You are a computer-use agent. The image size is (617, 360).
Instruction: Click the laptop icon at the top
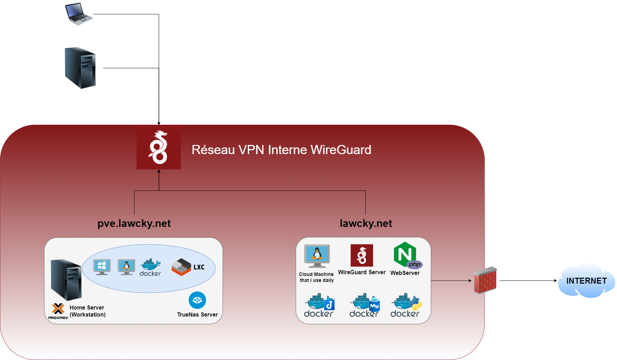pyautogui.click(x=79, y=14)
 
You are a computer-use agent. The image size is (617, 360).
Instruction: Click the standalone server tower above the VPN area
pyautogui.click(x=80, y=68)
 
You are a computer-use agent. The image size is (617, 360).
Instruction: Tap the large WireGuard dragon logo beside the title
pyautogui.click(x=159, y=148)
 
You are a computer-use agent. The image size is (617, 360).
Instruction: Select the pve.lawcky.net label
pyautogui.click(x=134, y=223)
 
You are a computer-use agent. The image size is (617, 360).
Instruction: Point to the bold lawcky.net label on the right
pyautogui.click(x=366, y=223)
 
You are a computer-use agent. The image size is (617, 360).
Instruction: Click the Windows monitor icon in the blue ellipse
pyautogui.click(x=102, y=267)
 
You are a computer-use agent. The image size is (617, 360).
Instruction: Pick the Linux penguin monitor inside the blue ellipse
pyautogui.click(x=126, y=267)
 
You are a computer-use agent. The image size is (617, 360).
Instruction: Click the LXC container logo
pyautogui.click(x=188, y=267)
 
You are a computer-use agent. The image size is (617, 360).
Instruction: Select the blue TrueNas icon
pyautogui.click(x=197, y=300)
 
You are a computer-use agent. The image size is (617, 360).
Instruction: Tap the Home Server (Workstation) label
pyautogui.click(x=87, y=311)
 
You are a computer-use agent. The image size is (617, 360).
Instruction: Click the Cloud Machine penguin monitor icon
pyautogui.click(x=317, y=256)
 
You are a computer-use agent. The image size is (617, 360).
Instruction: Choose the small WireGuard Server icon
pyautogui.click(x=362, y=255)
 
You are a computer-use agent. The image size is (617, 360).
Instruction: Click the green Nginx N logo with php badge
pyautogui.click(x=406, y=255)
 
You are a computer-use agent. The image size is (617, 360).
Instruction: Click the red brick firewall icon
pyautogui.click(x=485, y=280)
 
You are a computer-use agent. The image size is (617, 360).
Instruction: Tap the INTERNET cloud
pyautogui.click(x=587, y=281)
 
